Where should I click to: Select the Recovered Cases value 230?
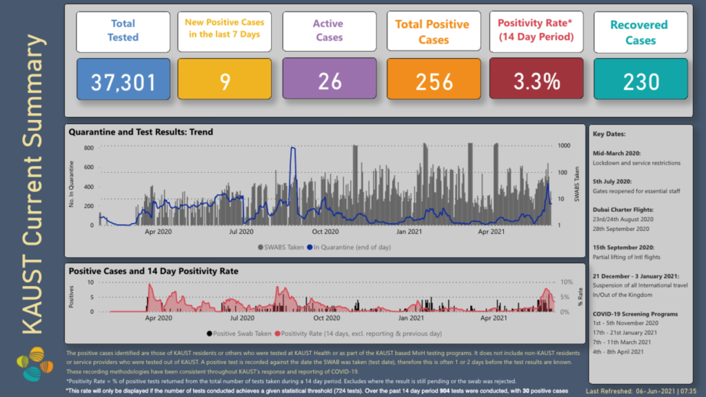[641, 82]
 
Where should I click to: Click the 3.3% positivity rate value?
[536, 82]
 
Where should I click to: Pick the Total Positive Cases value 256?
[434, 82]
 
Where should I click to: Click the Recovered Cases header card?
[641, 32]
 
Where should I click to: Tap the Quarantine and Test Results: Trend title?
[141, 132]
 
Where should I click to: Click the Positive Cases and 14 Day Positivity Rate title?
[153, 271]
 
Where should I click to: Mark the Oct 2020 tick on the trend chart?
[326, 233]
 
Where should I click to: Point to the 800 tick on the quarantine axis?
[88, 147]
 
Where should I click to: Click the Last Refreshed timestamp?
[640, 391]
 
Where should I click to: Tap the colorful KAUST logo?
[33, 365]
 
